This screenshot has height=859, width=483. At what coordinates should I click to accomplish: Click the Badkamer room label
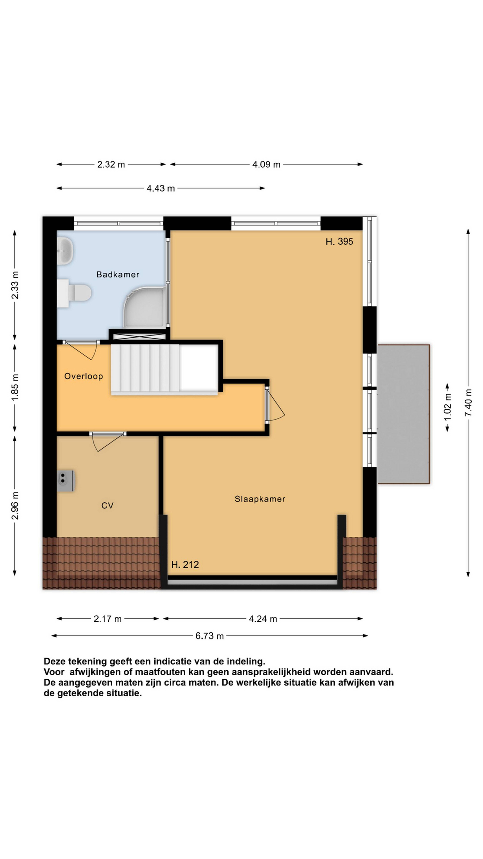click(x=118, y=274)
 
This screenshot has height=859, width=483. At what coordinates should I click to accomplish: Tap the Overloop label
click(x=83, y=376)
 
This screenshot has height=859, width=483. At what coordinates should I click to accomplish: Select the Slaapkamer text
click(x=260, y=499)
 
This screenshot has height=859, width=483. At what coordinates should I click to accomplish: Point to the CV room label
click(x=107, y=506)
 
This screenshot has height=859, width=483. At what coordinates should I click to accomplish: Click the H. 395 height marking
click(x=339, y=241)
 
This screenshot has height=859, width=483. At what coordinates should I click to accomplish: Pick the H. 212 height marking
click(x=185, y=565)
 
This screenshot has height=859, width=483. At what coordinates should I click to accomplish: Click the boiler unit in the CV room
click(x=65, y=481)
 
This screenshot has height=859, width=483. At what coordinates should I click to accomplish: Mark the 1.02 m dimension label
click(x=448, y=407)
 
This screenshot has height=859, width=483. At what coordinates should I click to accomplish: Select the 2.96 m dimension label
click(x=15, y=506)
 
